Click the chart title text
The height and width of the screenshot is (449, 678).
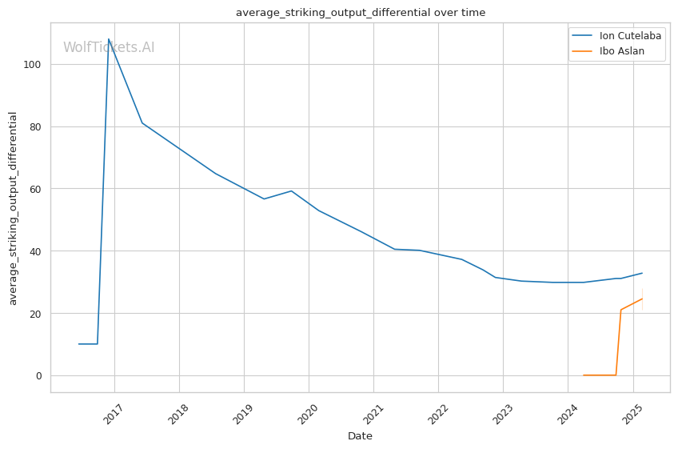[360, 13]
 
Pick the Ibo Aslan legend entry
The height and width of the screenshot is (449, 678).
[621, 52]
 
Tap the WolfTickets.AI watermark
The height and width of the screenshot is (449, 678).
[109, 48]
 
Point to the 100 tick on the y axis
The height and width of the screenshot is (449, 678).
[34, 65]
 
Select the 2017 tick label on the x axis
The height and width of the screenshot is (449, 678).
[113, 414]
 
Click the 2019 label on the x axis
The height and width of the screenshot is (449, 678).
[242, 414]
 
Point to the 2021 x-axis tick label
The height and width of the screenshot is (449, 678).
[372, 414]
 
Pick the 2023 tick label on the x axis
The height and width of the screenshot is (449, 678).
[501, 414]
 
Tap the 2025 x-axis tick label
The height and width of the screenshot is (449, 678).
[632, 414]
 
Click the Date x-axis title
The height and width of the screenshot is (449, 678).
[360, 436]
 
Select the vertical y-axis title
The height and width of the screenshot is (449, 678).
[14, 208]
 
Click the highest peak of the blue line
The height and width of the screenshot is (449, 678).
[109, 38]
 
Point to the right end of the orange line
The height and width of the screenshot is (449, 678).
[642, 299]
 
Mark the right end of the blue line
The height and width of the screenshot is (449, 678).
[642, 273]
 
